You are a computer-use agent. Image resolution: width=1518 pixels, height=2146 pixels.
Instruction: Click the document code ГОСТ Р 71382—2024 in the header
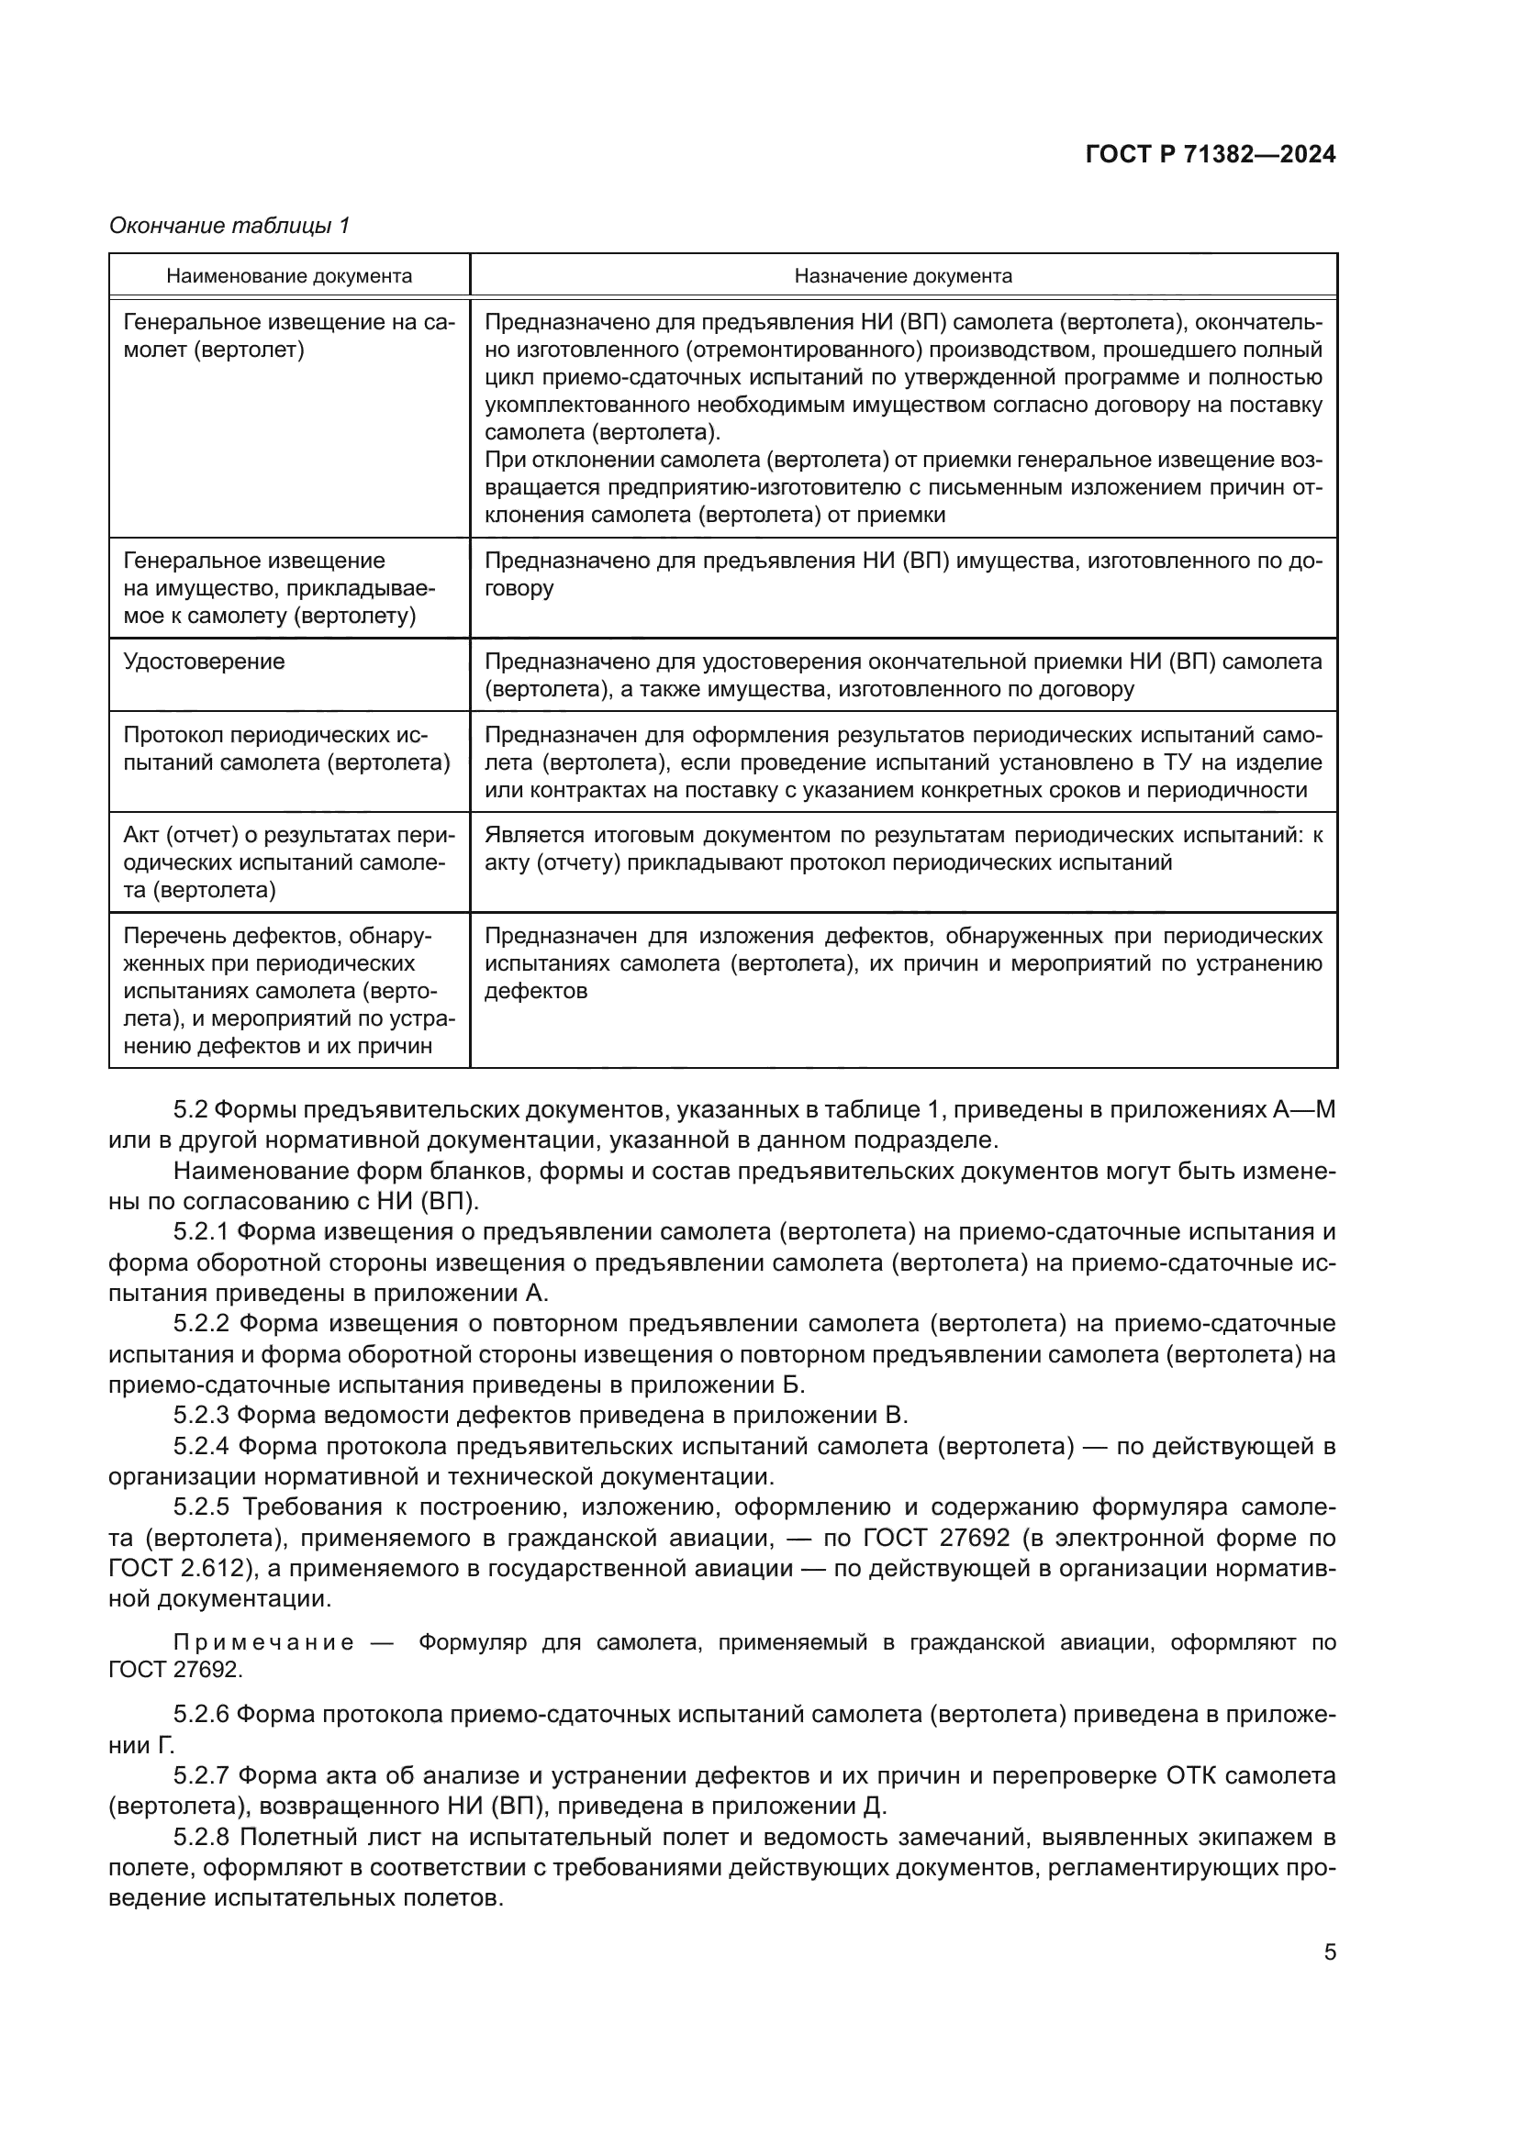[1211, 155]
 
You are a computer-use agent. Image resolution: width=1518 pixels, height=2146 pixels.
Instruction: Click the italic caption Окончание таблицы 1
[229, 226]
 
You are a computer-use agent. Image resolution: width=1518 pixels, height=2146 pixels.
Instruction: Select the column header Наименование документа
[289, 276]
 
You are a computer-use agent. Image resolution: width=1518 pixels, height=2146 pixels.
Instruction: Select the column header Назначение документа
[903, 276]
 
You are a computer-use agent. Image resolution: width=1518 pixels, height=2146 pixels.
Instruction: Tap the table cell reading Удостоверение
[204, 662]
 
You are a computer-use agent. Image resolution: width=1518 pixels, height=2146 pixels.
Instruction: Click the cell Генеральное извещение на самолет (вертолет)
[289, 337]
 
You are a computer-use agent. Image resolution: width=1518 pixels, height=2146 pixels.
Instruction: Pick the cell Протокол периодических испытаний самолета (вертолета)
[287, 749]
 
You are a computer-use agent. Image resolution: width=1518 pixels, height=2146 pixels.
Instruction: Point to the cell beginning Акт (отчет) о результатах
[287, 862]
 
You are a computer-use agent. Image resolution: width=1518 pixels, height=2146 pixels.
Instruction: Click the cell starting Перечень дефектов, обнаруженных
[287, 991]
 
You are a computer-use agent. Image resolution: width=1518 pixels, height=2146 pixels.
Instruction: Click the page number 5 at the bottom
[1329, 1952]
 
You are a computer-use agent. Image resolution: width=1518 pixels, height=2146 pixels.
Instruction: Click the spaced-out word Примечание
[263, 1643]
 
